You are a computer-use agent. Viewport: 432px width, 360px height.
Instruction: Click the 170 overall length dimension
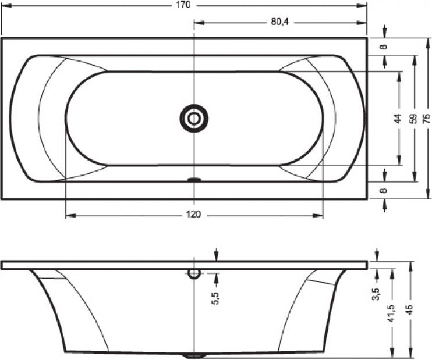(x=184, y=5)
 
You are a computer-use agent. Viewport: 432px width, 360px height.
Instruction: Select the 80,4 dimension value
(x=280, y=22)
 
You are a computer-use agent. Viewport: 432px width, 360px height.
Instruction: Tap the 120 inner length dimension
(x=193, y=215)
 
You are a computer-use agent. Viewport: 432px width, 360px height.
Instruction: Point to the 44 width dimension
(x=398, y=118)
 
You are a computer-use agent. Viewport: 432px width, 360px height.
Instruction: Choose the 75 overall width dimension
(x=426, y=118)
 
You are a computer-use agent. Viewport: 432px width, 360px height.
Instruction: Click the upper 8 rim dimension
(x=384, y=47)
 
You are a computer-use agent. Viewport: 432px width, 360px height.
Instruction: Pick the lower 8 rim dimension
(x=384, y=190)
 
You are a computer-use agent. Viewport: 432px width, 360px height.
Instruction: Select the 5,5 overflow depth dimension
(x=215, y=298)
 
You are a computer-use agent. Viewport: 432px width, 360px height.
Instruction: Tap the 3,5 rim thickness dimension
(x=377, y=294)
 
